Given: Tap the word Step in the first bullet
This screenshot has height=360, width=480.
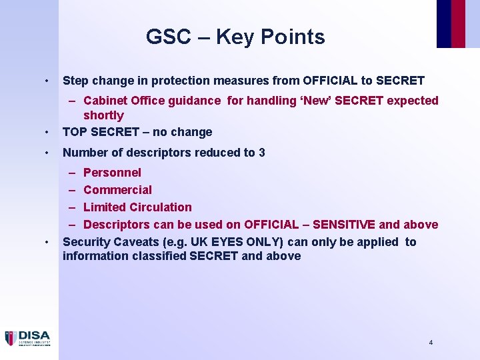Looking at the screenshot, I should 75,81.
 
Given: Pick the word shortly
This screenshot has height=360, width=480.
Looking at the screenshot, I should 103,115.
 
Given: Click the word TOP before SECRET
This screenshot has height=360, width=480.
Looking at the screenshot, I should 75,132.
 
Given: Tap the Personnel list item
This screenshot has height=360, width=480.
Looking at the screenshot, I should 112,173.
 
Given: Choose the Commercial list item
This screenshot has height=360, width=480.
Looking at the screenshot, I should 117,190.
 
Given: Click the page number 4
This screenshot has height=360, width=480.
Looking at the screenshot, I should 431,342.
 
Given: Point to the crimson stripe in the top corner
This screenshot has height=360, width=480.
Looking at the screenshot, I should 458,23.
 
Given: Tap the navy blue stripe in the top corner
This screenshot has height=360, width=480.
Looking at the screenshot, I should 443,23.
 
